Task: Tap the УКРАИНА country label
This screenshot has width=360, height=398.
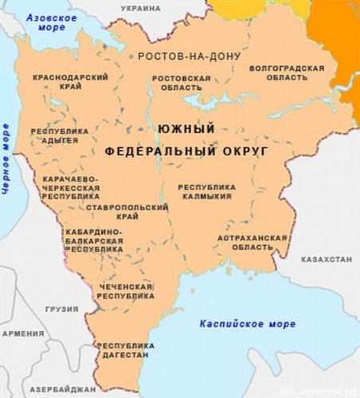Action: click(x=139, y=7)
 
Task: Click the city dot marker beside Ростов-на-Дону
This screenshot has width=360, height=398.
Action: click(x=131, y=57)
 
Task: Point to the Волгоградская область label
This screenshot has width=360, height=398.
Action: click(x=288, y=73)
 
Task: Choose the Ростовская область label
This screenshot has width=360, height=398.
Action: click(x=181, y=84)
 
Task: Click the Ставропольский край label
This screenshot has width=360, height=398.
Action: click(x=123, y=210)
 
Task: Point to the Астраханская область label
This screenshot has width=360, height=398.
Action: click(x=252, y=243)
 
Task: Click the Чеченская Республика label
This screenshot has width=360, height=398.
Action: click(x=125, y=291)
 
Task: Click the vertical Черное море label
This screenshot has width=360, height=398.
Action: click(x=6, y=158)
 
